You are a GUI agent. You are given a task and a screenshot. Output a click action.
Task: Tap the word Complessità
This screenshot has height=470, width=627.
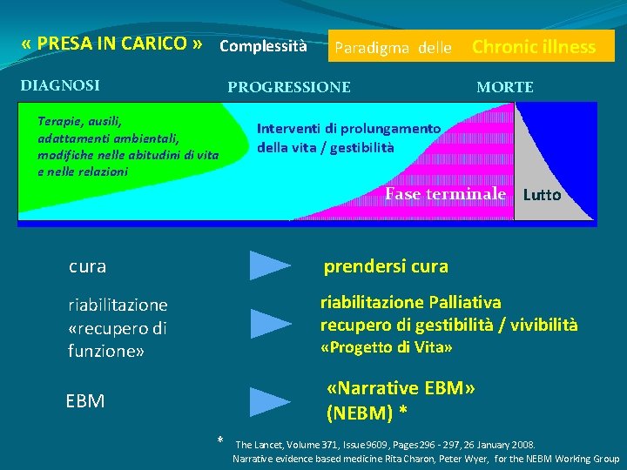click(263, 45)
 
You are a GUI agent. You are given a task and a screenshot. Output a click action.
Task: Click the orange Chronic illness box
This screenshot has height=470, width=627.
click(534, 47)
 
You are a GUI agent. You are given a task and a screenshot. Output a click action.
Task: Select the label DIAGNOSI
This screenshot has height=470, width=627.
click(60, 85)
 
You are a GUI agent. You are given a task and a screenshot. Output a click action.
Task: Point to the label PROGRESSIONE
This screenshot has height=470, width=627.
click(289, 87)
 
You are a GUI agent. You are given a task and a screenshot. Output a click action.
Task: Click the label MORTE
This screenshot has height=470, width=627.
click(505, 87)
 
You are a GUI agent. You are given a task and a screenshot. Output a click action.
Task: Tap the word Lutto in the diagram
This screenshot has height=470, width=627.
click(542, 195)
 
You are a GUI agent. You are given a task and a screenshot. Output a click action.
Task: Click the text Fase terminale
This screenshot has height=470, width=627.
click(445, 193)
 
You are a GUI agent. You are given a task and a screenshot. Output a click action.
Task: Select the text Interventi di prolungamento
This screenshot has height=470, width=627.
click(348, 128)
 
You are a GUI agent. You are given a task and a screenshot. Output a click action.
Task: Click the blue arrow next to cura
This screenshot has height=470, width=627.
click(270, 265)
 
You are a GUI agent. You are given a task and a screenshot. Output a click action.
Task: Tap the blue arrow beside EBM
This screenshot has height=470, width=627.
click(270, 401)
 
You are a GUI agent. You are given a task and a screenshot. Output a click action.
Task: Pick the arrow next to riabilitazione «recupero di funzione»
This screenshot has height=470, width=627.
click(270, 323)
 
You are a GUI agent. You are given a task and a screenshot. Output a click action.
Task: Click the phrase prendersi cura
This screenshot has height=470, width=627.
click(386, 265)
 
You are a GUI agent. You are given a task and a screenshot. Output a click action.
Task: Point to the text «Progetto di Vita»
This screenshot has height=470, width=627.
click(387, 348)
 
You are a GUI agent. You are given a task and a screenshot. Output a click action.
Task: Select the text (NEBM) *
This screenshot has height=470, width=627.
click(367, 411)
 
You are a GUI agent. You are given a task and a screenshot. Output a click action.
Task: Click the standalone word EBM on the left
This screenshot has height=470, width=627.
click(85, 401)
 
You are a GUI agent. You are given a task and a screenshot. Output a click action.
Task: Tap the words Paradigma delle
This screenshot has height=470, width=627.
click(394, 49)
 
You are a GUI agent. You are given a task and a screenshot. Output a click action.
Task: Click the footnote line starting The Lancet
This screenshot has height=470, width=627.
click(385, 444)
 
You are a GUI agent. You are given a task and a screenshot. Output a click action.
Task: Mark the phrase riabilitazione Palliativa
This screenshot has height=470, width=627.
click(410, 302)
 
